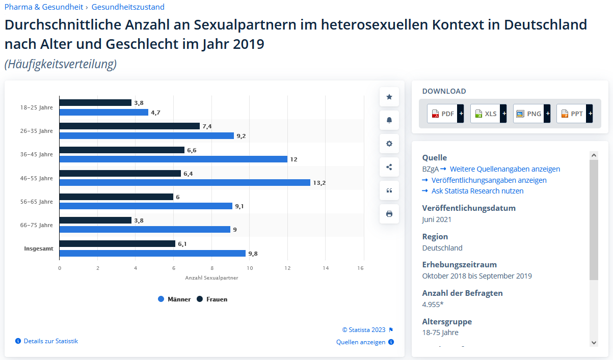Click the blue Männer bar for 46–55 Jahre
point(184,182)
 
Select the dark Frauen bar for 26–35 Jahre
point(129,126)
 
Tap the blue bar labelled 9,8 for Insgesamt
point(152,253)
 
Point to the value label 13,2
point(319,183)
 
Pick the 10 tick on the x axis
point(250,268)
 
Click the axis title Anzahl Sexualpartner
point(211,278)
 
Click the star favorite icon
point(389,97)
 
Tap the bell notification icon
point(389,120)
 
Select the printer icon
point(389,214)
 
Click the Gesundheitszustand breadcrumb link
point(128,7)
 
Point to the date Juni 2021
point(437,220)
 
